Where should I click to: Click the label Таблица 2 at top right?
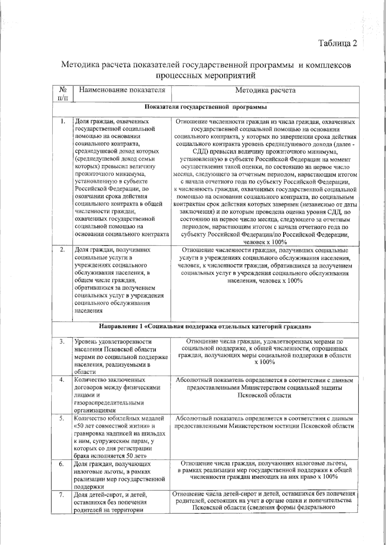click(x=337, y=43)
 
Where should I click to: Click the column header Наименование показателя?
click(x=123, y=90)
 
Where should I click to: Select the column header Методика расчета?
click(x=265, y=90)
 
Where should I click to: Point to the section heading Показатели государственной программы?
click(x=206, y=107)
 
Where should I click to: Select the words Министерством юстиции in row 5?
click(x=264, y=426)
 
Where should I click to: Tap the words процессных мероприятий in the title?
click(x=206, y=76)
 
